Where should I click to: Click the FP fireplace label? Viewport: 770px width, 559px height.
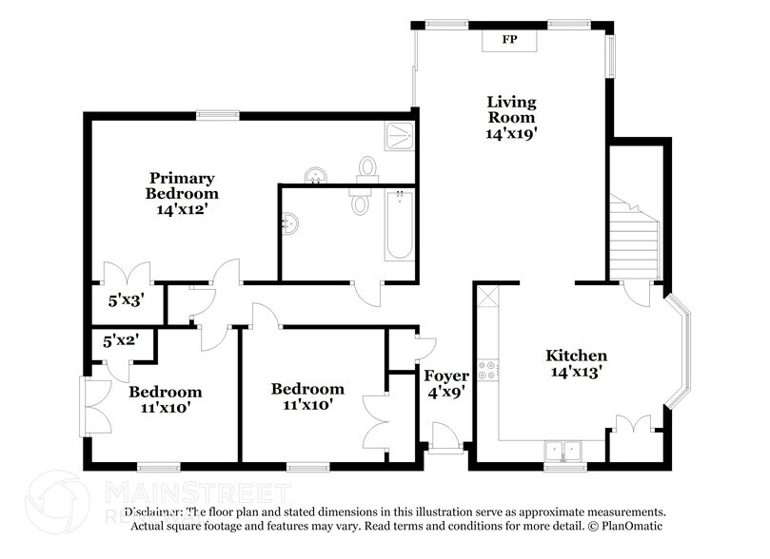coord(509,41)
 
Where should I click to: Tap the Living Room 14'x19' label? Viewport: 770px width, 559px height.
coord(511,118)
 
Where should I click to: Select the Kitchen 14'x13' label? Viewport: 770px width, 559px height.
coord(576,364)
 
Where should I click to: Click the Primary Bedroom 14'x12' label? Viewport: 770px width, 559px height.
coord(182,194)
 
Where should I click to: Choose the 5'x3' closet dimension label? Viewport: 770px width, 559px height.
coord(125,299)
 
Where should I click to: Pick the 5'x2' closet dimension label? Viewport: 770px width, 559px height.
coord(120,339)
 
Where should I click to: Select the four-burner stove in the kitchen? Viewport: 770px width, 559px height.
coord(489,369)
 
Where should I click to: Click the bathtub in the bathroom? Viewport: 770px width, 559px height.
coord(399,225)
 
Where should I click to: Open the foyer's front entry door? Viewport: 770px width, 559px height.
coord(443,438)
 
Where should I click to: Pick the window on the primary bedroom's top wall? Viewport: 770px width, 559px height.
coord(211,116)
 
